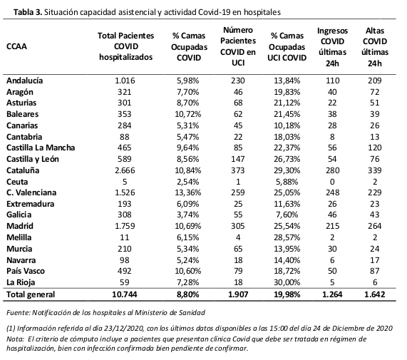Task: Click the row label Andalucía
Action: (x=25, y=81)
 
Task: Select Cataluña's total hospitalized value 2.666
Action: (x=125, y=170)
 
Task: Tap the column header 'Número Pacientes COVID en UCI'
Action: (x=238, y=46)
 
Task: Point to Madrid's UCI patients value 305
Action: (x=238, y=226)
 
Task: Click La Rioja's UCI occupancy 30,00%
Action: (x=287, y=282)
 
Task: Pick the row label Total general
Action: (x=31, y=294)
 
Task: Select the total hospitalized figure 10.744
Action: (x=125, y=294)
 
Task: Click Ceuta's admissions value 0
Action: (x=332, y=182)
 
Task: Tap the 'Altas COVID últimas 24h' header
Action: (x=375, y=47)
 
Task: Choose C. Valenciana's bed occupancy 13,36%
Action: (x=188, y=192)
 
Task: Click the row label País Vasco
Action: (x=26, y=271)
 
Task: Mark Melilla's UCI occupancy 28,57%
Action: (x=287, y=237)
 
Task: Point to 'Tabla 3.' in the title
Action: (x=28, y=12)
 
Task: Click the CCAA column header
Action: (x=16, y=46)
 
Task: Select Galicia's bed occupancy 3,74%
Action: (x=188, y=215)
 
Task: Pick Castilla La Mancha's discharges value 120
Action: (x=375, y=148)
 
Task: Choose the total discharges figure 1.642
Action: (x=375, y=294)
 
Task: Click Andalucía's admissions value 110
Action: (x=332, y=81)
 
